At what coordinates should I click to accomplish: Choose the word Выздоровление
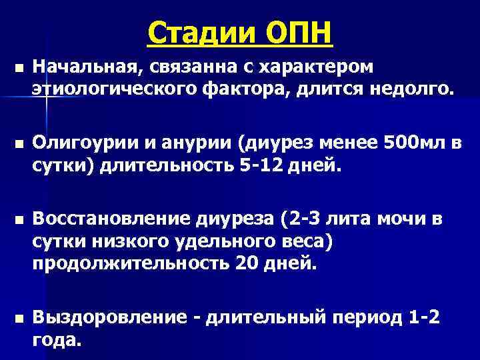pyautogui.click(x=108, y=317)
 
